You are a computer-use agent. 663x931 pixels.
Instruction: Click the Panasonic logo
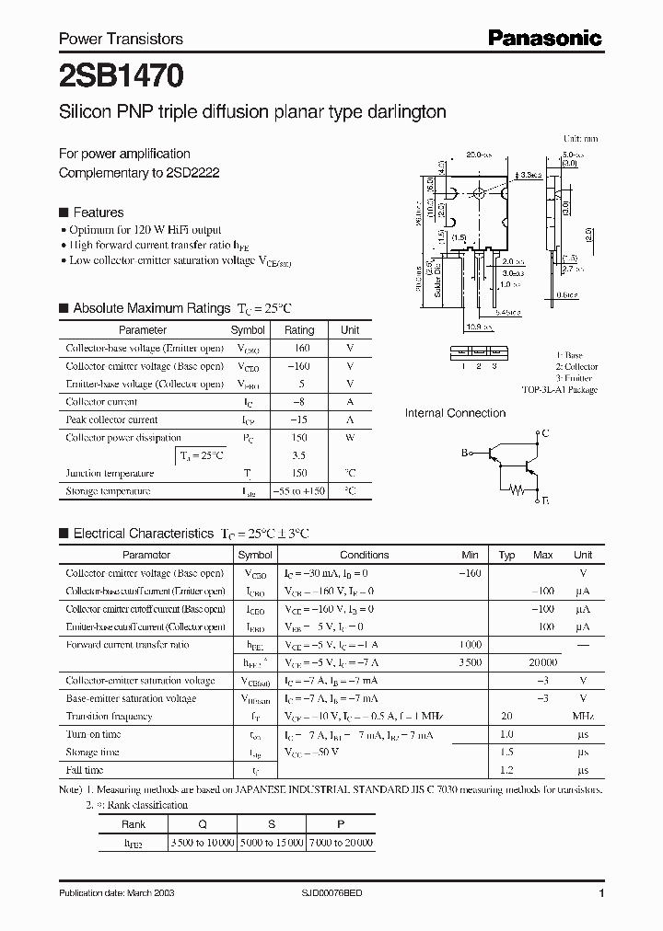pos(544,38)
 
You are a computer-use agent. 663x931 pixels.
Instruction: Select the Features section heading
pos(98,211)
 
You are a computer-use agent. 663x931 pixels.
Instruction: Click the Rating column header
pos(299,329)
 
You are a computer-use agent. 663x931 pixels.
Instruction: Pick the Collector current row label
pos(101,402)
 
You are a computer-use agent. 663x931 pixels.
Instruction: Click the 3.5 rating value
pos(299,455)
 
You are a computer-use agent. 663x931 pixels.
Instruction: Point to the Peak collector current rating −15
pos(299,420)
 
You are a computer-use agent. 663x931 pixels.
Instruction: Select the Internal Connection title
pos(455,413)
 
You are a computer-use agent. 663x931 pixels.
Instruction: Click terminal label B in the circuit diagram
pos(465,452)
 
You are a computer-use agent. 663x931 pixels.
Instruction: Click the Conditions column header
pos(364,555)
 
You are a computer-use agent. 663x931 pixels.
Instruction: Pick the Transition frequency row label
pos(109,717)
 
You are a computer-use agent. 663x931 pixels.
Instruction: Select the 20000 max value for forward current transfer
pos(542,662)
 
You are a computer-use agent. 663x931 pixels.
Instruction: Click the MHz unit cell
pos(582,717)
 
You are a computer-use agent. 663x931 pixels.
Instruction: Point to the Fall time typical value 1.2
pos(506,770)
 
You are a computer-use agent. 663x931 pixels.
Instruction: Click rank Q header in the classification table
pos(201,824)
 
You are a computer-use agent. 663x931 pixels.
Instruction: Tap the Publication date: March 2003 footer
pos(117,893)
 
